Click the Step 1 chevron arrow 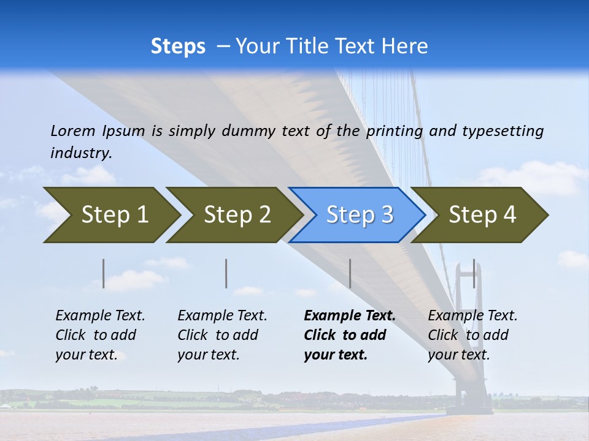pyautogui.click(x=114, y=215)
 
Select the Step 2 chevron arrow pyautogui.click(x=237, y=215)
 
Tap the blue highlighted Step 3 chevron pyautogui.click(x=360, y=215)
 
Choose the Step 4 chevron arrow pyautogui.click(x=482, y=215)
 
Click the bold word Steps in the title pyautogui.click(x=178, y=46)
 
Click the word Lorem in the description pyautogui.click(x=73, y=130)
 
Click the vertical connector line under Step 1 pyautogui.click(x=104, y=273)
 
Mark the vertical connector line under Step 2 pyautogui.click(x=226, y=273)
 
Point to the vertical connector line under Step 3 pyautogui.click(x=350, y=273)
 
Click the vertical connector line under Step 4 pyautogui.click(x=474, y=273)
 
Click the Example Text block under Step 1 pyautogui.click(x=100, y=335)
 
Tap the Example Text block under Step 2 pyautogui.click(x=222, y=335)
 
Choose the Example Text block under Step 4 pyautogui.click(x=472, y=335)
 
